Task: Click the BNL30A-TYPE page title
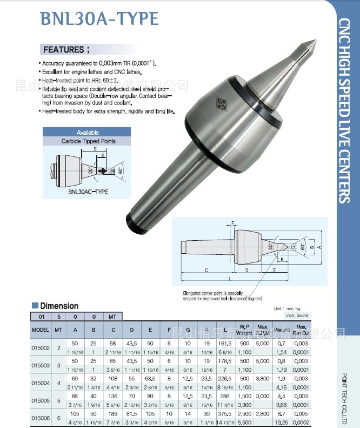pyautogui.click(x=99, y=19)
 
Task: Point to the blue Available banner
pyautogui.click(x=86, y=132)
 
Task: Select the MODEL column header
pyautogui.click(x=41, y=330)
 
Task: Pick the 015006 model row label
pyautogui.click(x=41, y=417)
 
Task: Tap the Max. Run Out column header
pyautogui.click(x=301, y=330)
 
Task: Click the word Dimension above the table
pyautogui.click(x=59, y=306)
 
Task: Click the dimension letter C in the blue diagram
pyautogui.click(x=206, y=269)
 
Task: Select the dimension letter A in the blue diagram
pyautogui.click(x=319, y=246)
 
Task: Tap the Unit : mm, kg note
pyautogui.click(x=286, y=308)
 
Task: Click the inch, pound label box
pyautogui.click(x=297, y=315)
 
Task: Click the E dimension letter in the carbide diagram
pyautogui.click(x=95, y=148)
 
